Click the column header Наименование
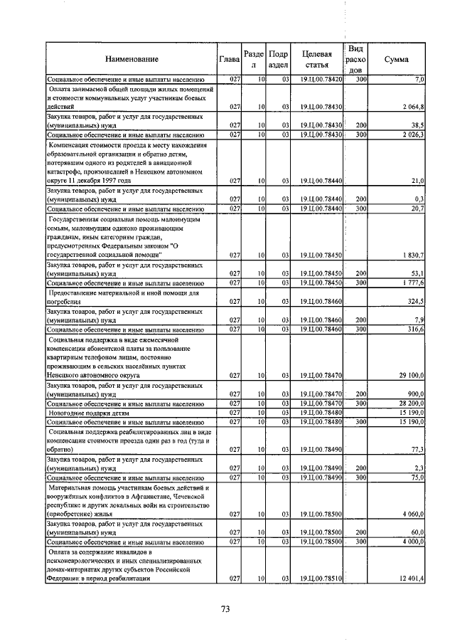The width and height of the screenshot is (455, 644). click(x=132, y=59)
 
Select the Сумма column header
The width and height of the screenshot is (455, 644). click(x=395, y=59)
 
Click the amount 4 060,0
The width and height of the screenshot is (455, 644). click(x=412, y=513)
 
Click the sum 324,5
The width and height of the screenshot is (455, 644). click(x=415, y=301)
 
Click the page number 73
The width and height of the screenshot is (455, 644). click(x=226, y=609)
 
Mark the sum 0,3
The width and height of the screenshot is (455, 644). click(x=419, y=199)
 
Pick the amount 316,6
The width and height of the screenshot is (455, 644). click(x=415, y=329)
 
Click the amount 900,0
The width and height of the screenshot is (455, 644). click(x=414, y=394)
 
